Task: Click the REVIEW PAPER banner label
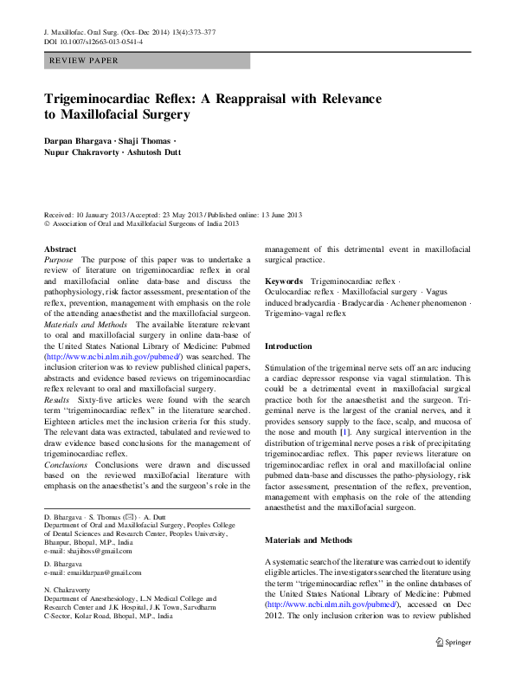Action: (x=85, y=61)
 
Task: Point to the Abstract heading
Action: (x=60, y=249)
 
